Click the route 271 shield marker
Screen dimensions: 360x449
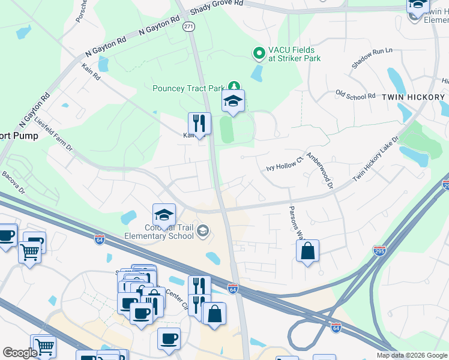pyautogui.click(x=189, y=27)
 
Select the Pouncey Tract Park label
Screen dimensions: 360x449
pyautogui.click(x=188, y=89)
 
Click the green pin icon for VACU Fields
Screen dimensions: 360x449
pyautogui.click(x=259, y=54)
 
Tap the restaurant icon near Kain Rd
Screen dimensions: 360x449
pyautogui.click(x=199, y=124)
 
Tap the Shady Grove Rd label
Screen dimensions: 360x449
pyautogui.click(x=217, y=7)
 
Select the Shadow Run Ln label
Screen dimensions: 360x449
pyautogui.click(x=372, y=58)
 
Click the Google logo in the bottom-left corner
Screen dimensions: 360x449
pyautogui.click(x=20, y=353)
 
